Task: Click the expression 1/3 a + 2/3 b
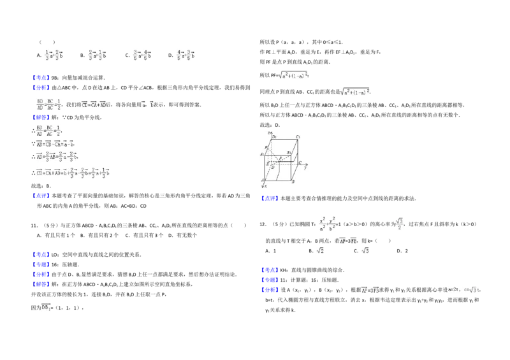coord(53,55)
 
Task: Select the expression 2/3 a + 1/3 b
coord(97,55)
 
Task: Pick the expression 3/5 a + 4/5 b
coord(141,55)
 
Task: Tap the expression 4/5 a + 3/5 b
coord(186,55)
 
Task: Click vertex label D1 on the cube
coord(274,136)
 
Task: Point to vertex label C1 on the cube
coord(298,136)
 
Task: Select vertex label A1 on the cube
coord(261,154)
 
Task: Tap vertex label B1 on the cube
coord(289,153)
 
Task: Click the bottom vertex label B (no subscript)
coord(292,182)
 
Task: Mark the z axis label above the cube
coord(270,131)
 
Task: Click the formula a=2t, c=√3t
coord(463,290)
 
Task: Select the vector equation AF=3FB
coord(370,290)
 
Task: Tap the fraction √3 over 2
coord(400,224)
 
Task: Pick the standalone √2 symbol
coord(321,250)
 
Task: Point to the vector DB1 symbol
coord(46,308)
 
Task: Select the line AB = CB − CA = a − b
coord(56,144)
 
